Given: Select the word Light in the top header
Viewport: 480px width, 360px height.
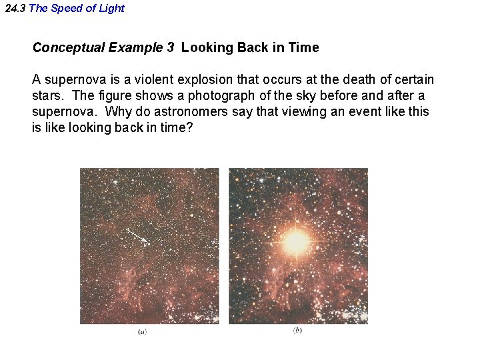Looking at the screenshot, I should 111,9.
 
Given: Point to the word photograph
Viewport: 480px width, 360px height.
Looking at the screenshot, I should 217,96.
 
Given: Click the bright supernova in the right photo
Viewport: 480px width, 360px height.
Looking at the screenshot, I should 297,241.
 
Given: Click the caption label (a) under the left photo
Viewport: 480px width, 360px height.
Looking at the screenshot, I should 143,332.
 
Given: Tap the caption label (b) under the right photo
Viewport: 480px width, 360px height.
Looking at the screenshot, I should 297,331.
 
